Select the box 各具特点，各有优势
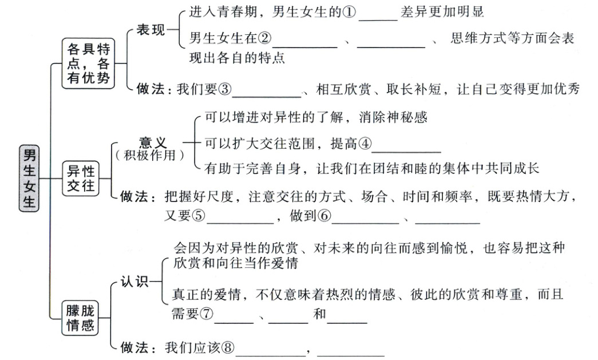point(88,63)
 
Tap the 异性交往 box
point(81,178)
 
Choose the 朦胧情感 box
point(81,318)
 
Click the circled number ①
point(350,12)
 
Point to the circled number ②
point(264,39)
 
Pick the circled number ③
point(225,89)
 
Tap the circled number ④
point(365,144)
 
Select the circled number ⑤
point(198,217)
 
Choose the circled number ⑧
point(228,347)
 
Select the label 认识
point(134,282)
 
